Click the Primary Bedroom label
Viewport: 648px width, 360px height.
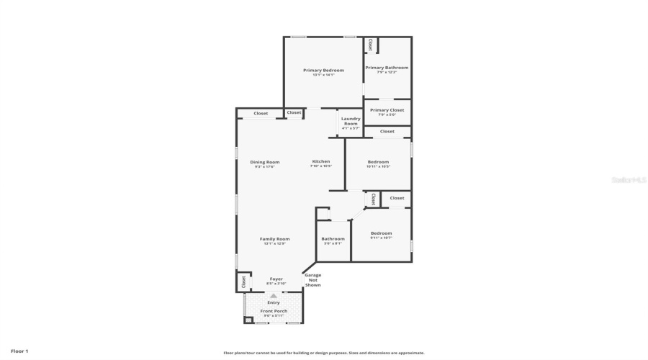click(323, 71)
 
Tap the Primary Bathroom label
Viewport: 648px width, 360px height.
click(387, 68)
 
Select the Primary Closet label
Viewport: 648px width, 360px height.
click(387, 110)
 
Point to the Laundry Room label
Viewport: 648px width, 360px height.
click(351, 121)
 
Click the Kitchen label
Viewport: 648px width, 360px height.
click(320, 161)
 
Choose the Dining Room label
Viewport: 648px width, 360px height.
click(264, 162)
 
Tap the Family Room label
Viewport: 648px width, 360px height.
click(274, 239)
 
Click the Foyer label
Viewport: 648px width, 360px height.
click(276, 279)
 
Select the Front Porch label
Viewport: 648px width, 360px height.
click(274, 311)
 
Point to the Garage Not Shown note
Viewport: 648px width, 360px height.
click(312, 280)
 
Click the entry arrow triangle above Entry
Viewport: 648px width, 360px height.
click(274, 295)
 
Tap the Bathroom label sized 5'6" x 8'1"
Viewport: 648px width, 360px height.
click(333, 239)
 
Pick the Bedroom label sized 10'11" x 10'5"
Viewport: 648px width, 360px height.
click(378, 162)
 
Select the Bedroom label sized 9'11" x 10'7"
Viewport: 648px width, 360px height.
click(381, 233)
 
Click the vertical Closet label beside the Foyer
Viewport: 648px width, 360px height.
click(243, 281)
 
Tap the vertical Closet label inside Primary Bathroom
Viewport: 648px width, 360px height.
click(371, 45)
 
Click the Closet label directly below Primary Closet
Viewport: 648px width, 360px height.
click(387, 132)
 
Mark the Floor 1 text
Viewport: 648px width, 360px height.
click(19, 351)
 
